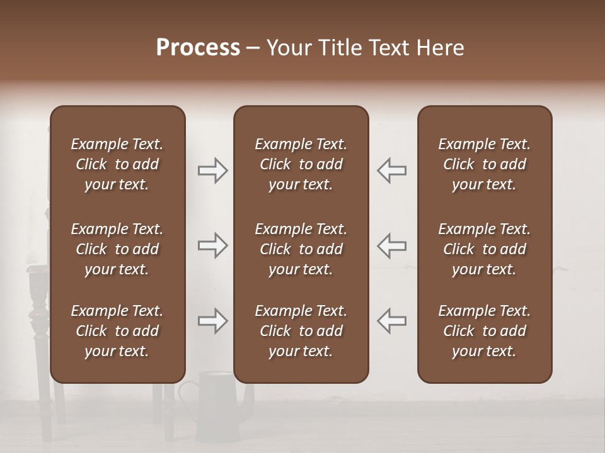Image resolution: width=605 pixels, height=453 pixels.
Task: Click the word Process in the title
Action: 198,48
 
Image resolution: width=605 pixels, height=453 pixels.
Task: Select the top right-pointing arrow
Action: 212,171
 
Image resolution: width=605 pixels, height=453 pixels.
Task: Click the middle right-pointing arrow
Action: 212,245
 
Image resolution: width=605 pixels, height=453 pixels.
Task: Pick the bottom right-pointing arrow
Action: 212,321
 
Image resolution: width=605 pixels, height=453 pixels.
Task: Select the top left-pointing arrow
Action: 391,171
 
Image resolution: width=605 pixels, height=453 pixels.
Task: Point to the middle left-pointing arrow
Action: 391,245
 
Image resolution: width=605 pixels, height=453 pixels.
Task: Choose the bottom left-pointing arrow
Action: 391,321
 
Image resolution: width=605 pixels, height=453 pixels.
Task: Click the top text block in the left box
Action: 117,164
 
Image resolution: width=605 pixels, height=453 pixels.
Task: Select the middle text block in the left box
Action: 117,249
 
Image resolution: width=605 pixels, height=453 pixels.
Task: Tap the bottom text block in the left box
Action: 117,331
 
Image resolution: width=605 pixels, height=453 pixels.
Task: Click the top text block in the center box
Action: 301,164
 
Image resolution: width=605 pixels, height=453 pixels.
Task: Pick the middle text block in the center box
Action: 301,249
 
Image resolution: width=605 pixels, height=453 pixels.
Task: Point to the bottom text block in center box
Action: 301,331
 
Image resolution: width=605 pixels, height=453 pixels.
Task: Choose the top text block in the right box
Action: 484,164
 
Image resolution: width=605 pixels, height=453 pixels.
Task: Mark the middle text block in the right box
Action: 484,249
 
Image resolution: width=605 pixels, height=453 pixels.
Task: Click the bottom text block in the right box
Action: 484,331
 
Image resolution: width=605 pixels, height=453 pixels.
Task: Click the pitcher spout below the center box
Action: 250,396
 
